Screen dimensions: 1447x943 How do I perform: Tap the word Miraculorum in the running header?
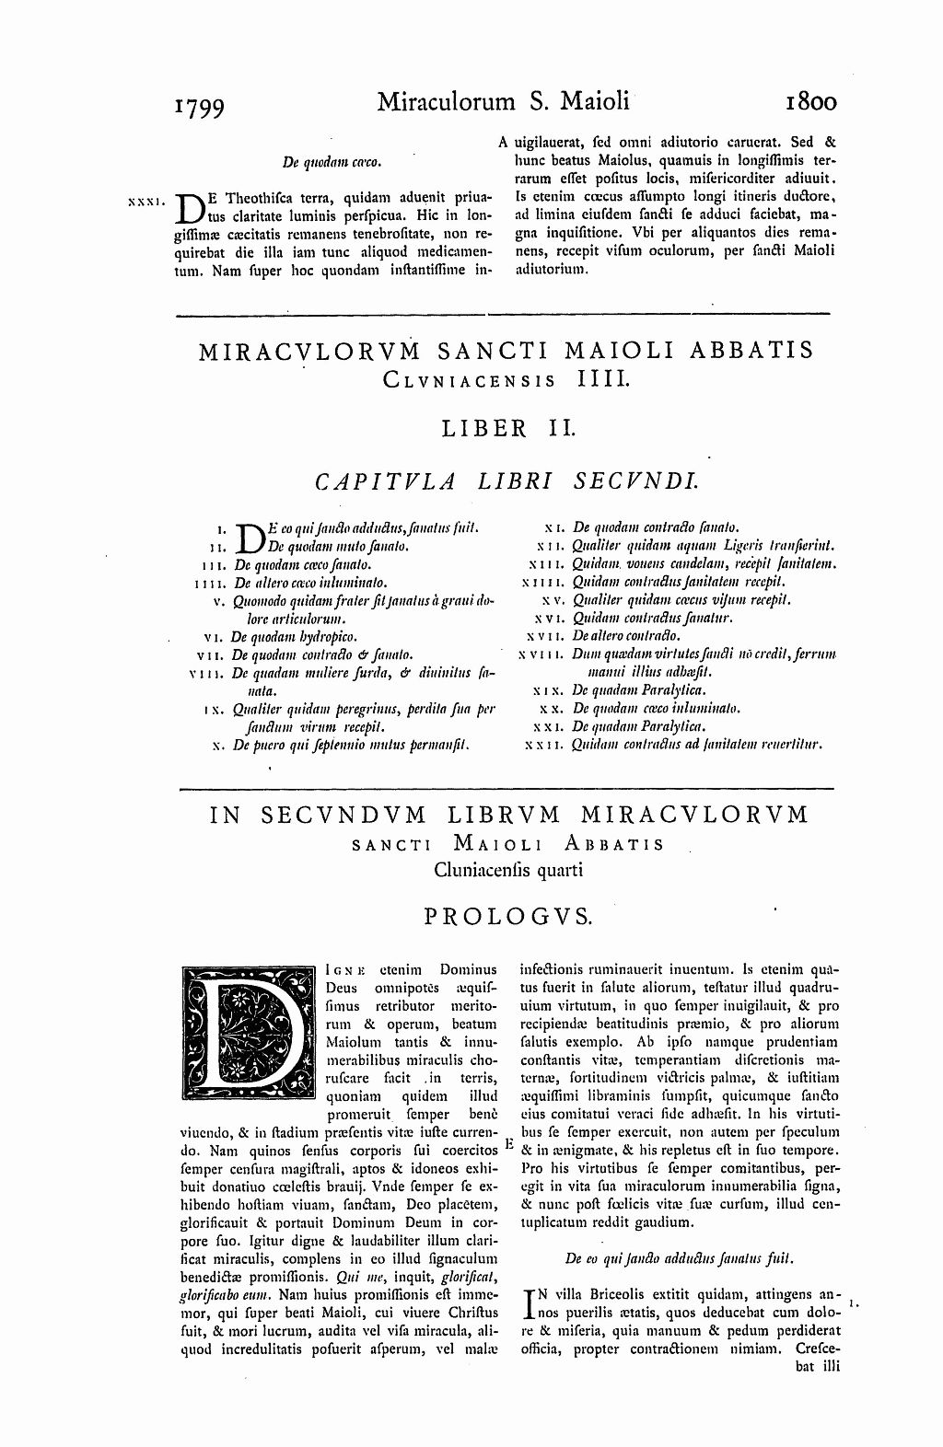click(446, 100)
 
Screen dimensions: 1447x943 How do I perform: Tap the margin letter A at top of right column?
click(503, 143)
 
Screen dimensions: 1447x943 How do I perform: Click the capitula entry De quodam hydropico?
click(294, 636)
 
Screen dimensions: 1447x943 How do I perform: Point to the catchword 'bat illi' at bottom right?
click(814, 1365)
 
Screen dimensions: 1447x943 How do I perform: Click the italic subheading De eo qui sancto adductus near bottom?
click(679, 1257)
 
